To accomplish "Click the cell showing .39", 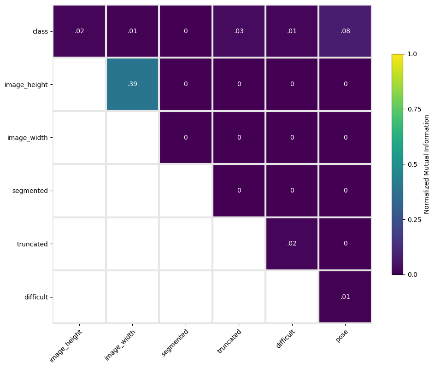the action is (133, 84).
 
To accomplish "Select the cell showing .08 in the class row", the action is (345, 31).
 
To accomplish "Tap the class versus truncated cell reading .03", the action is (239, 31).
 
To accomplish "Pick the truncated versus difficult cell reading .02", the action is (292, 244).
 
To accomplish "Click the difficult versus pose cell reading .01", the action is (345, 297).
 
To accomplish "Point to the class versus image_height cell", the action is (79, 31).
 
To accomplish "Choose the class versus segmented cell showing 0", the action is (186, 31).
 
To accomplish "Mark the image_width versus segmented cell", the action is (186, 138).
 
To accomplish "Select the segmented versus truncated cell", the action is (239, 191).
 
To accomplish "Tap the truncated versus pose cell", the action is (345, 244).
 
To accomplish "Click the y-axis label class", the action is (40, 31).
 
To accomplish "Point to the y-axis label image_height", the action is (26, 85).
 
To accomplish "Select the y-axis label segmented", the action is (30, 191).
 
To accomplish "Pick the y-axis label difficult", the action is (36, 297).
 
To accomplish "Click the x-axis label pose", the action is (342, 336).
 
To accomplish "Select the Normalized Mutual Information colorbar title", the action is (426, 164).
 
